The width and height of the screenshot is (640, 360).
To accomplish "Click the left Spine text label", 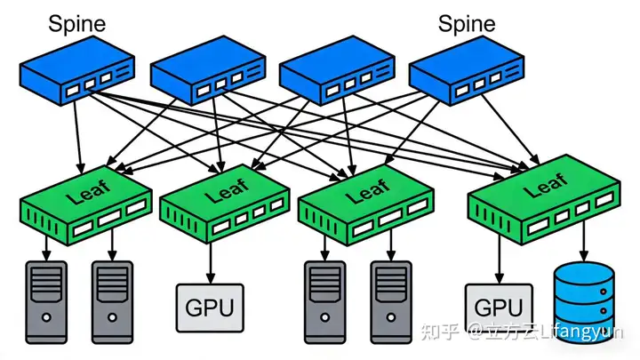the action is pos(77,24).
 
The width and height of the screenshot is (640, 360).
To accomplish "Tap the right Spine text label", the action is pos(467,24).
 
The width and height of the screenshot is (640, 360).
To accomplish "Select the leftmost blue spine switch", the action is pos(77,70).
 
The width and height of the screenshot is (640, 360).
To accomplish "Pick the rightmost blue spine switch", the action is pos(466,70).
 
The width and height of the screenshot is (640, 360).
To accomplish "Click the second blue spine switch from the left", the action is pos(208,70).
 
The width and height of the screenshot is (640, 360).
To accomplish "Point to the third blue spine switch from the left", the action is pos(337,70).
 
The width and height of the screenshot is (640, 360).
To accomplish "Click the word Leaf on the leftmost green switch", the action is pos(89,192).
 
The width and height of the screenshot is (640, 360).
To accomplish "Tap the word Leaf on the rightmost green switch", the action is pos(546,185).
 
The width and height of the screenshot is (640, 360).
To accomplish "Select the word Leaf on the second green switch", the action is pos(227,190).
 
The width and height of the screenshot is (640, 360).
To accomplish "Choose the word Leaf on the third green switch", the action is pos(367,191).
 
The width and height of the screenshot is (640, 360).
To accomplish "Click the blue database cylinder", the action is pos(584,302).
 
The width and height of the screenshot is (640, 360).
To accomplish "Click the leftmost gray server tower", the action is pos(46,302).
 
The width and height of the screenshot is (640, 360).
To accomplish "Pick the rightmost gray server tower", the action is pos(391,302).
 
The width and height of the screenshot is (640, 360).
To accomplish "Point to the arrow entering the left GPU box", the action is pos(211,263).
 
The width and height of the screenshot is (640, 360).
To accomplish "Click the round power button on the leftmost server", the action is pos(46,317).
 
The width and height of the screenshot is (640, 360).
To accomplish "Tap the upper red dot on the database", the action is pos(603,292).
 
